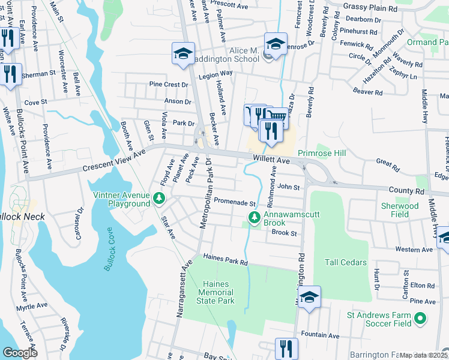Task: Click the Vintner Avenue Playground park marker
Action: (x=158, y=198)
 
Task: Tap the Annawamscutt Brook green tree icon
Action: (x=254, y=217)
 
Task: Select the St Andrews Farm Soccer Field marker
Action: (x=420, y=318)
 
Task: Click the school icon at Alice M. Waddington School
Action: (x=276, y=46)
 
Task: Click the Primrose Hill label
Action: (x=322, y=154)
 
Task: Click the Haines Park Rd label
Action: (x=225, y=260)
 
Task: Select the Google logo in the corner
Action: (x=20, y=353)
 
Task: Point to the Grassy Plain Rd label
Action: (x=370, y=8)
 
